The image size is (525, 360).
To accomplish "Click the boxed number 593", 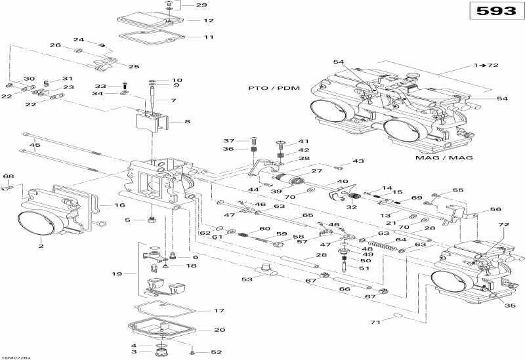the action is [496, 11].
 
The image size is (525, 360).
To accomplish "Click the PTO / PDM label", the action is [274, 89].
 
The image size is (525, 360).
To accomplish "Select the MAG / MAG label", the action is [444, 157].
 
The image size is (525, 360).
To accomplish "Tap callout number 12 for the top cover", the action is [209, 20].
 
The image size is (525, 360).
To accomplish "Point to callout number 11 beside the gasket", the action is [209, 37].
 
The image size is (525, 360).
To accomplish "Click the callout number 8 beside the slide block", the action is [187, 122].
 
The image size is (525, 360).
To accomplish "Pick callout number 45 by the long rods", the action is [35, 145].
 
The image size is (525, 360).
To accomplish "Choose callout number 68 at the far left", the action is [9, 176].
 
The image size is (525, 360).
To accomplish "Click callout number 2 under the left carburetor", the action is [41, 247].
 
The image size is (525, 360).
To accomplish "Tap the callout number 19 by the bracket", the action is [117, 274].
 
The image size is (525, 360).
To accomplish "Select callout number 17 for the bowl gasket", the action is [219, 311].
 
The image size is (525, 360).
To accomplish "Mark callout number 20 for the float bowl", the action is [219, 330].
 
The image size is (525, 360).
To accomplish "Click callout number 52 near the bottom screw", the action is [217, 352].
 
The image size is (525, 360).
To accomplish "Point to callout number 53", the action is [247, 279].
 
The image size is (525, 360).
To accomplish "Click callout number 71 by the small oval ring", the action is [375, 322].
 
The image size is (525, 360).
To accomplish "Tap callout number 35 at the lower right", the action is [510, 306].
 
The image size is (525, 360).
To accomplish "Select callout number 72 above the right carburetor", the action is [503, 224].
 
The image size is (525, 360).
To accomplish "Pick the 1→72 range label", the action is [486, 65].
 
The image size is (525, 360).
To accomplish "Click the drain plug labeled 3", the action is [161, 352].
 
